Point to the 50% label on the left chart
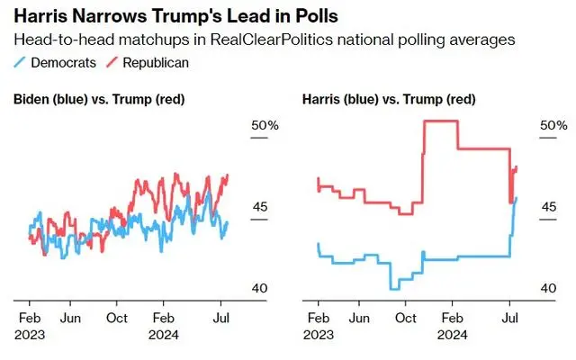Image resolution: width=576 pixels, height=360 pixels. click(x=265, y=125)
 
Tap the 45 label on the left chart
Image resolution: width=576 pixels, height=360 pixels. click(x=259, y=207)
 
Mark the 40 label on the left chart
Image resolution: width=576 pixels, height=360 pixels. click(x=259, y=288)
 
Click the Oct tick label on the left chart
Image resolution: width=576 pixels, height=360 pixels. click(x=117, y=318)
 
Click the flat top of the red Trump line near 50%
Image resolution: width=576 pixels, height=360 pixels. click(x=439, y=121)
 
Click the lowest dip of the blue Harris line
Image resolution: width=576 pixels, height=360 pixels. click(x=395, y=288)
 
